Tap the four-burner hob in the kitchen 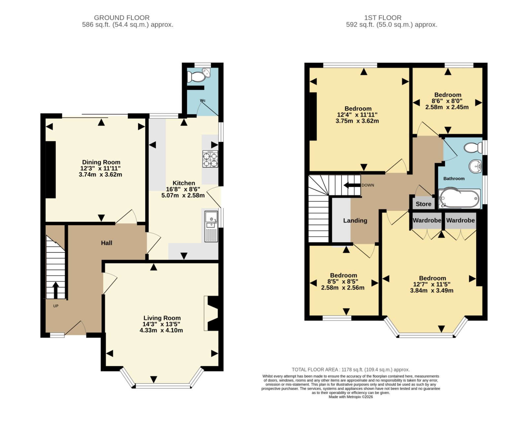(x=210, y=159)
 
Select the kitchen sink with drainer (x=211, y=226)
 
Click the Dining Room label (x=101, y=162)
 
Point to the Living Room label (x=162, y=318)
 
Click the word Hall (x=107, y=243)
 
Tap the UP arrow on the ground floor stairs (x=56, y=290)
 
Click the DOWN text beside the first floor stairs (x=368, y=185)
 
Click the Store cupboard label (x=423, y=204)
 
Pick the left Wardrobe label (x=427, y=220)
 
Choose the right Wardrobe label (x=461, y=220)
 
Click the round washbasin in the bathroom (x=475, y=166)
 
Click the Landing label (x=355, y=221)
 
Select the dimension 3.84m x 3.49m (x=432, y=291)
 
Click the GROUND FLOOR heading (x=122, y=18)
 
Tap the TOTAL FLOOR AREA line (x=350, y=370)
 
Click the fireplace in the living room (x=211, y=313)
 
